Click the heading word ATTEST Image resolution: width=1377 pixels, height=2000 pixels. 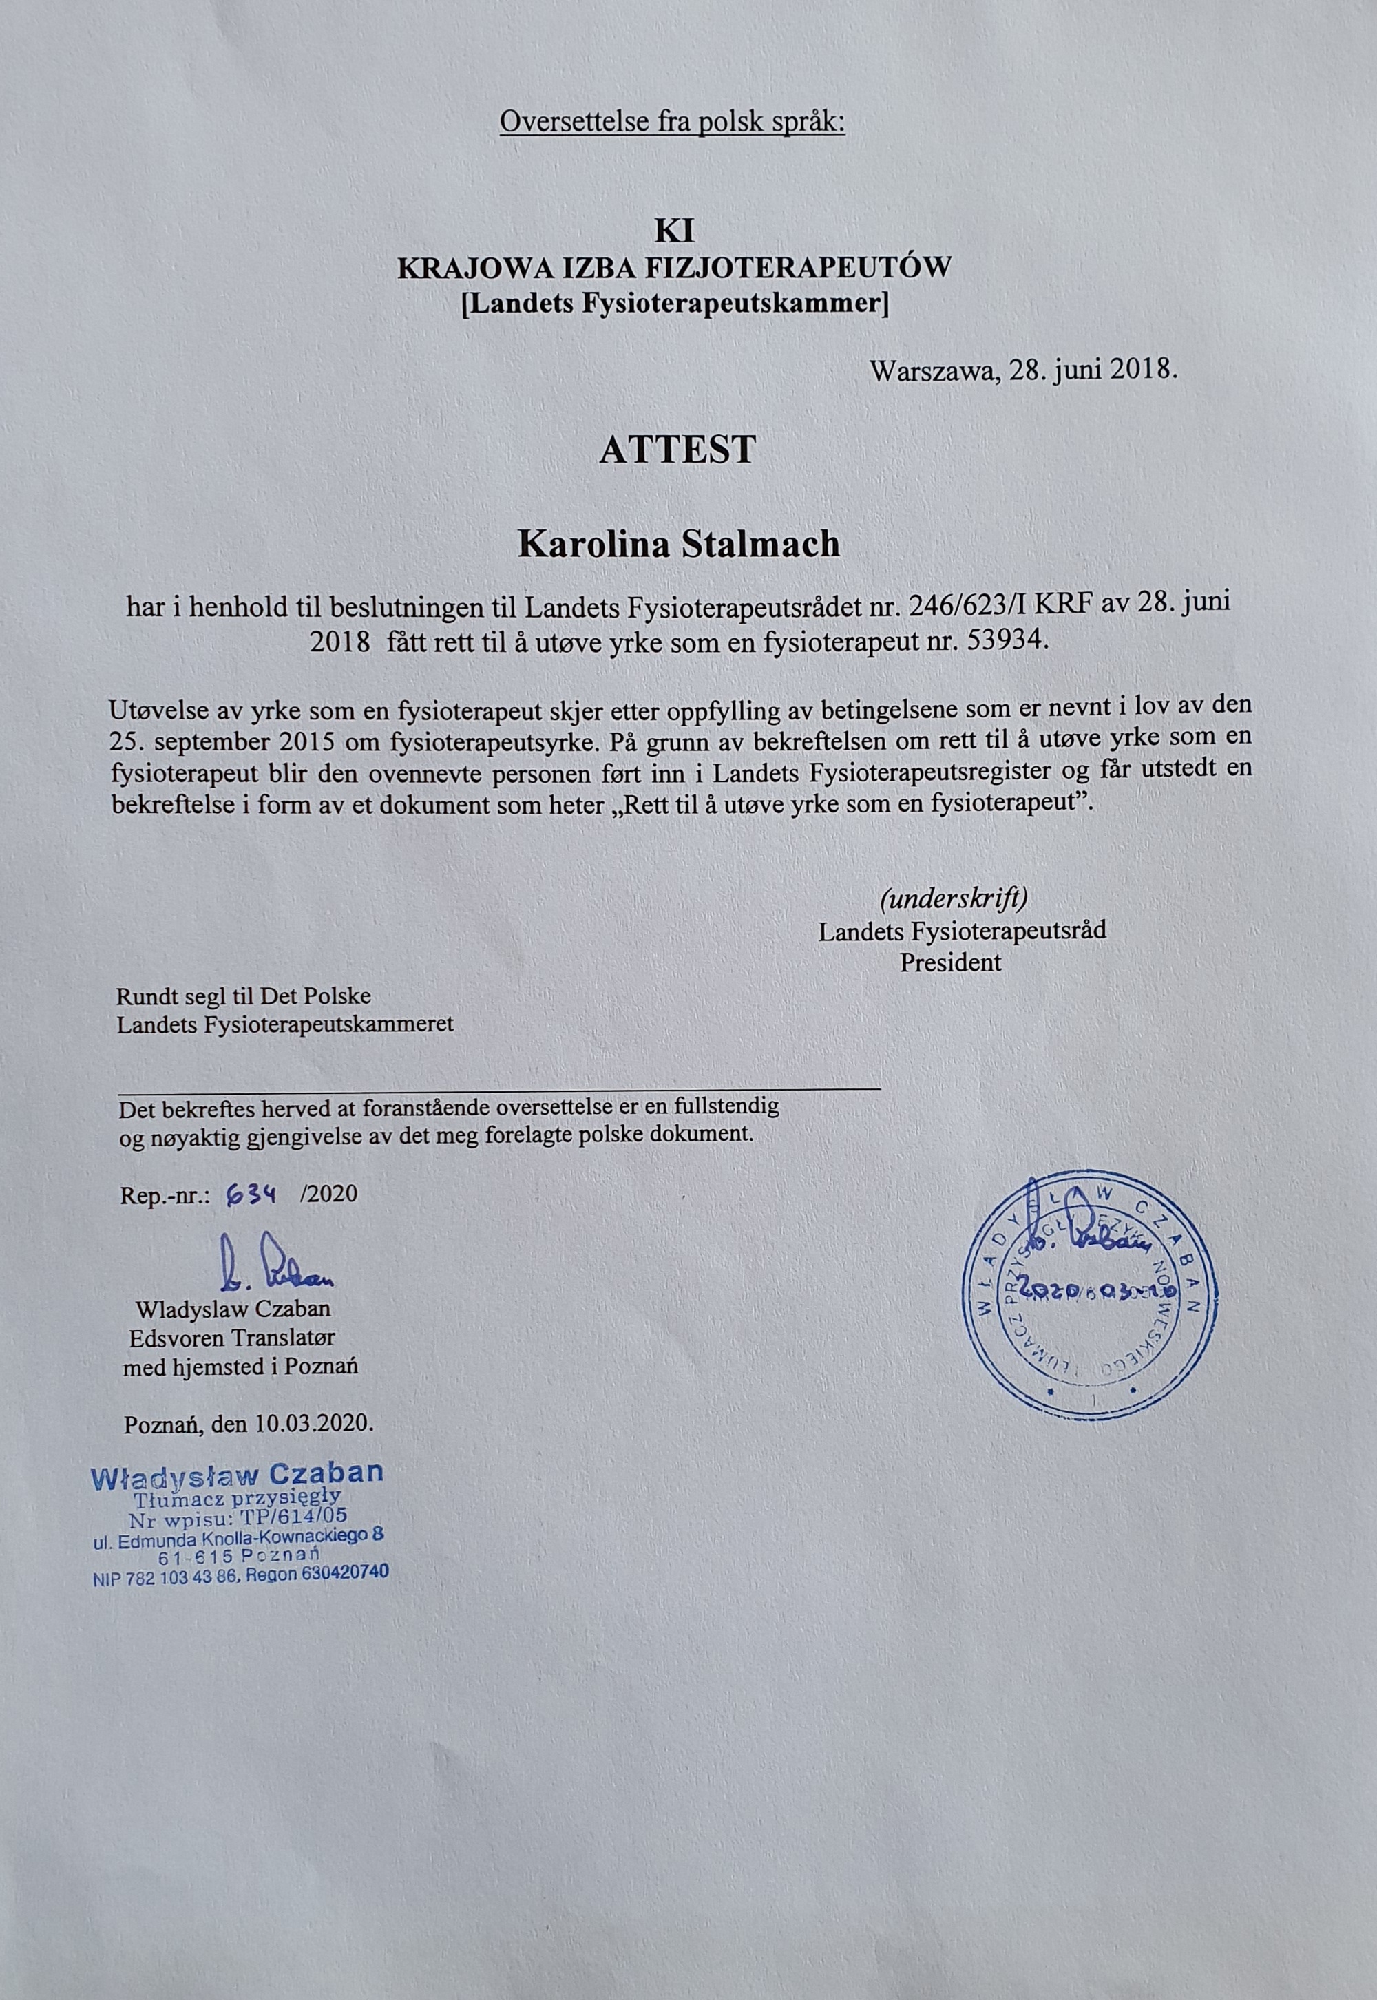pos(677,450)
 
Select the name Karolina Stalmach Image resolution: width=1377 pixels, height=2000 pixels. pos(678,545)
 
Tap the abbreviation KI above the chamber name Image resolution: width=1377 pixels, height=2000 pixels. pos(674,231)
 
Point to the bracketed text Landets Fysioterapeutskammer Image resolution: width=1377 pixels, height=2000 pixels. pos(675,304)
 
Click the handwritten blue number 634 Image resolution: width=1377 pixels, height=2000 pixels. pos(250,1193)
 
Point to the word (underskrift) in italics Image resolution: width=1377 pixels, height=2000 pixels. pos(954,899)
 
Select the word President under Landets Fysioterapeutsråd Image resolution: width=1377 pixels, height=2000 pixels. pos(951,962)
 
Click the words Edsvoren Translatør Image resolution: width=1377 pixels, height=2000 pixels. pos(232,1338)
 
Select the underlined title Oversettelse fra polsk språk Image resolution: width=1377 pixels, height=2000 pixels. pos(672,122)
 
